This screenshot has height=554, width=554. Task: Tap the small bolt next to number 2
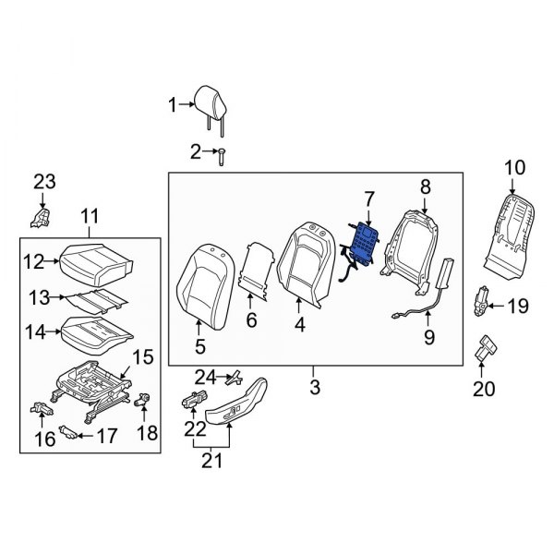click(223, 159)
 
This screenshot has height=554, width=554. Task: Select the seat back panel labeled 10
click(510, 226)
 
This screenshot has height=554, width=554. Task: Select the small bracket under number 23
click(40, 218)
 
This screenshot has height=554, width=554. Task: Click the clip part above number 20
click(484, 350)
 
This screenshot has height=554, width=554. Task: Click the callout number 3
click(314, 389)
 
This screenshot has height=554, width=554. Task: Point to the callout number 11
click(90, 217)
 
